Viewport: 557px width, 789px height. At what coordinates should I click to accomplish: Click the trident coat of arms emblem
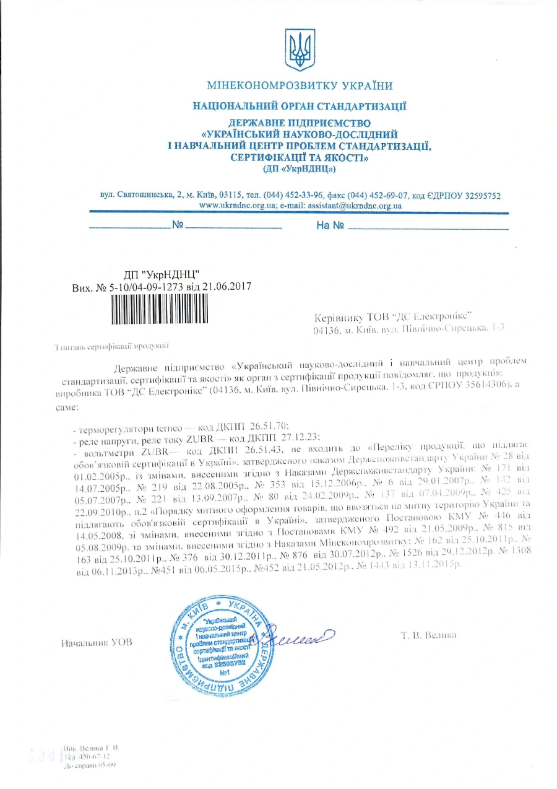[300, 50]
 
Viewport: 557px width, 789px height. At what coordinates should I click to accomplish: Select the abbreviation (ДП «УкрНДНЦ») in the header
[300, 168]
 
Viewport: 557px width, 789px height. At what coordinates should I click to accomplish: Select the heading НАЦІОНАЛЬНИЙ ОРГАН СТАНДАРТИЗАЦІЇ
[300, 106]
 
